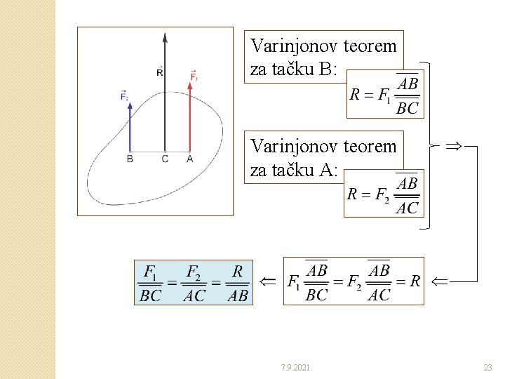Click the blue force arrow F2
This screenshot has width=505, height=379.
click(x=130, y=126)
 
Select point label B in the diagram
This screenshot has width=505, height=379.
click(x=130, y=159)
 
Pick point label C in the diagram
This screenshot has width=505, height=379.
click(x=165, y=159)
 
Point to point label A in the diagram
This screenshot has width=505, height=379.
click(x=190, y=159)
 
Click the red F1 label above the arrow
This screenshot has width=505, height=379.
click(x=194, y=75)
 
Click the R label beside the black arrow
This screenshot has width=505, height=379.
click(x=160, y=71)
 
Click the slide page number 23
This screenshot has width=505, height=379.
click(x=487, y=367)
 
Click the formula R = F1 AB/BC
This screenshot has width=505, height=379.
click(x=384, y=94)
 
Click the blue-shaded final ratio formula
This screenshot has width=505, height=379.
click(x=194, y=282)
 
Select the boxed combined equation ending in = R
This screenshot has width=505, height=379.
click(x=353, y=281)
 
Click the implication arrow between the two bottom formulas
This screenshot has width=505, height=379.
click(x=267, y=281)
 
